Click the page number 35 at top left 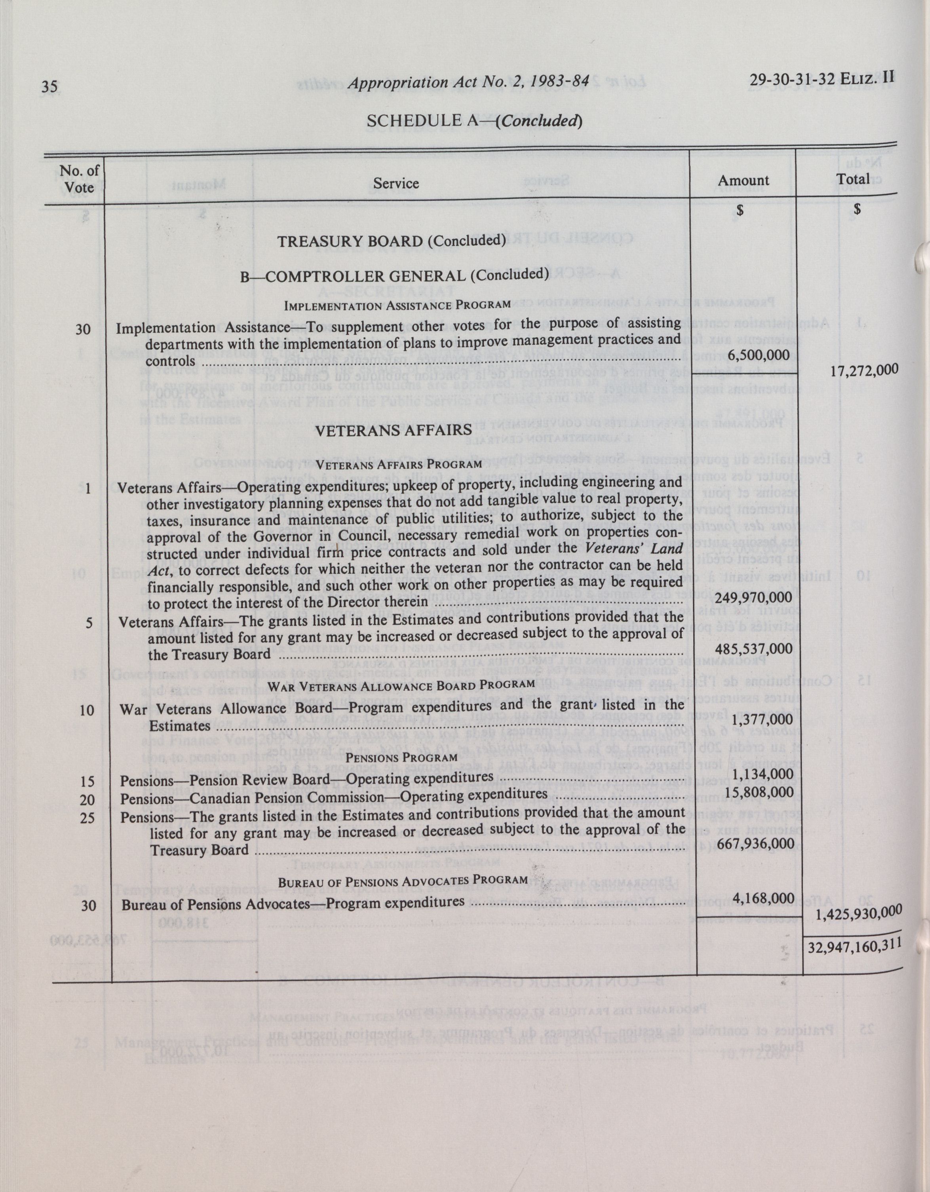(x=51, y=87)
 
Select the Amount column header (x=744, y=180)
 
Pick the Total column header (x=854, y=179)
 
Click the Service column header (x=396, y=184)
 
